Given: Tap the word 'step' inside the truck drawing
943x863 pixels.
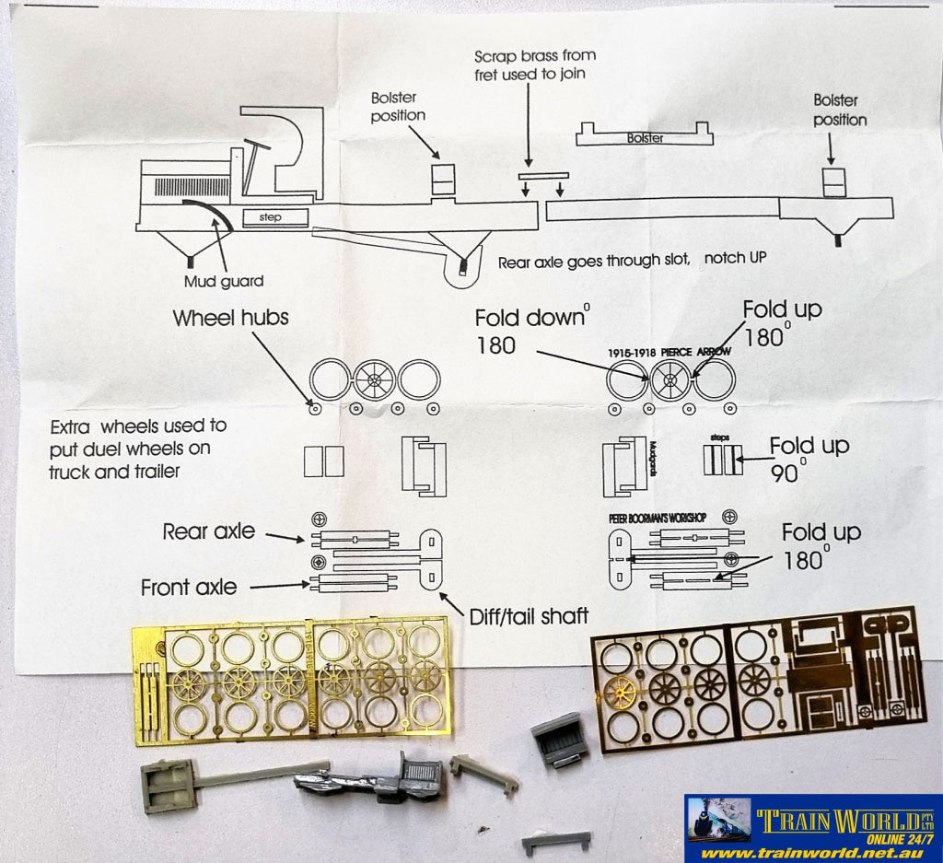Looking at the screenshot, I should (271, 217).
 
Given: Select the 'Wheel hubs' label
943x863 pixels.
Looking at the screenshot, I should (230, 319).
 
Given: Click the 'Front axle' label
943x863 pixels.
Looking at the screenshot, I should (189, 587).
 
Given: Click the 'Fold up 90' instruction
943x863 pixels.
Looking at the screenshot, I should (809, 460).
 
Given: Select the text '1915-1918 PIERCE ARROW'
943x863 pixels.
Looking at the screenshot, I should (670, 352).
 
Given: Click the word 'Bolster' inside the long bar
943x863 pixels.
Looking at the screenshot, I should (645, 138).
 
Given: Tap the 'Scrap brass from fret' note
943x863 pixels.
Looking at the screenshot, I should (530, 64).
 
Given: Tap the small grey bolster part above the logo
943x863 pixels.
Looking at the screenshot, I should (555, 841).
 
